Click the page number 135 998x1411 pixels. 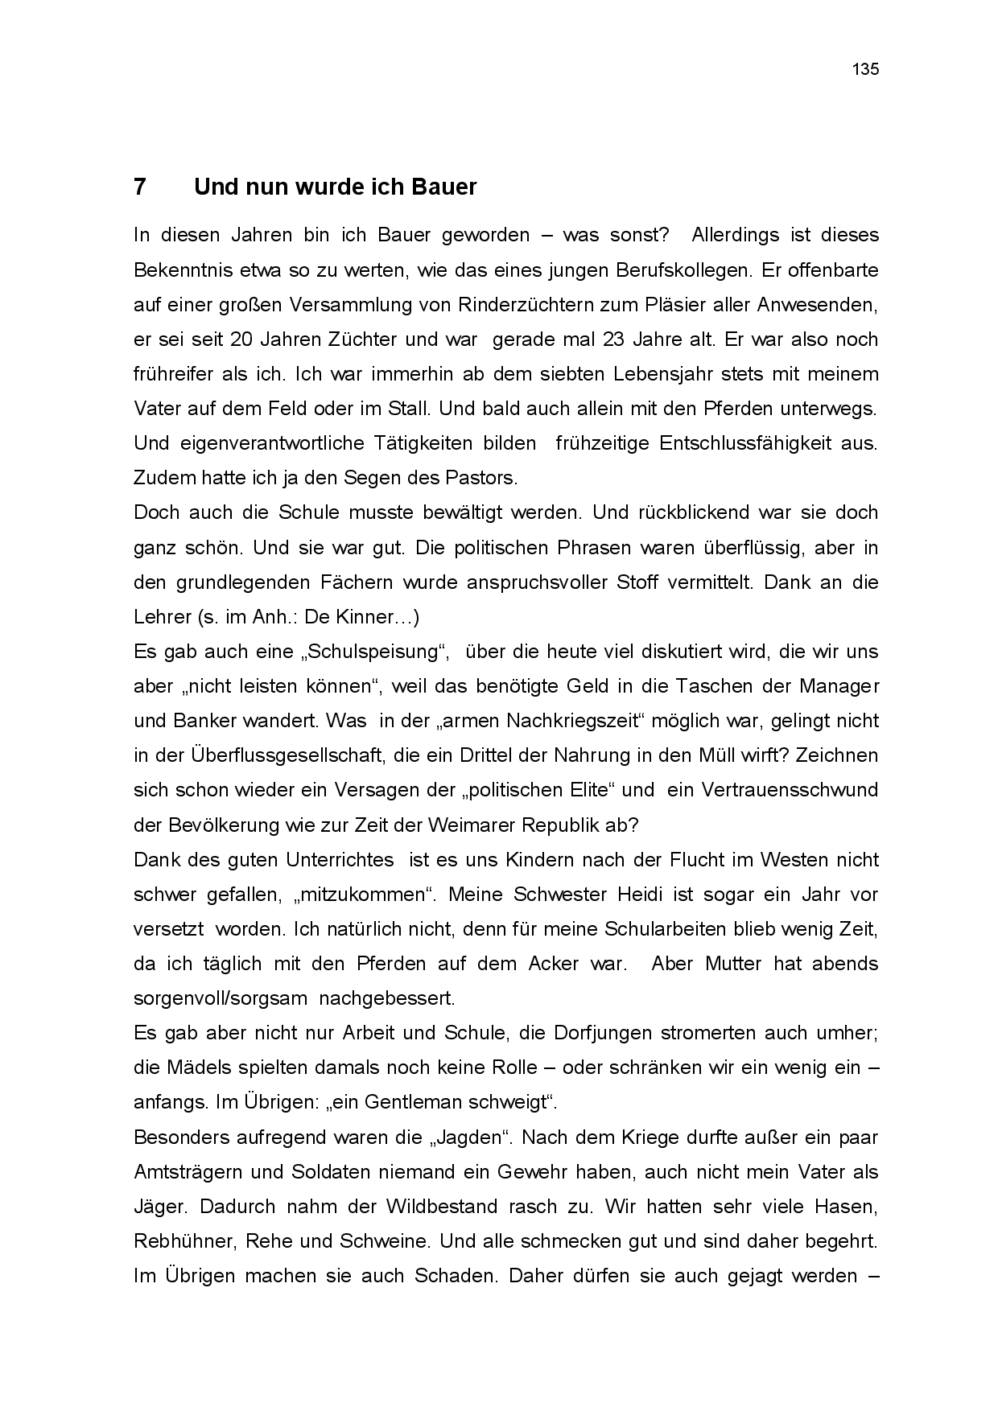(x=865, y=69)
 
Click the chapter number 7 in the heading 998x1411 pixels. (x=140, y=187)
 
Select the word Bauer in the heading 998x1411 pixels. (x=444, y=187)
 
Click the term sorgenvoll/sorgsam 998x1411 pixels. (x=221, y=998)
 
